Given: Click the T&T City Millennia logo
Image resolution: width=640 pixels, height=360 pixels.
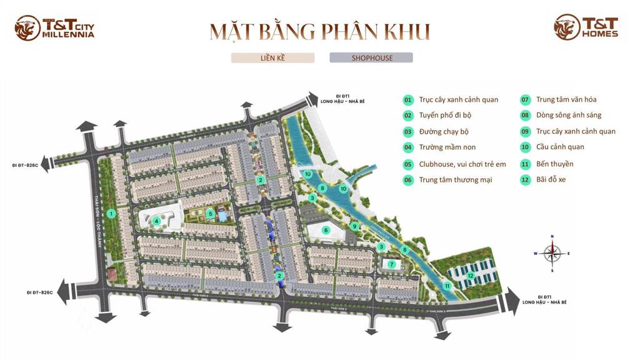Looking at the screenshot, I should (55, 28).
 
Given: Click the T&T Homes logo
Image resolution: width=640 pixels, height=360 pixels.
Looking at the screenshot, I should (586, 27).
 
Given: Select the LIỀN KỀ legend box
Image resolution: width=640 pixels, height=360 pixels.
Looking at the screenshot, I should (272, 58).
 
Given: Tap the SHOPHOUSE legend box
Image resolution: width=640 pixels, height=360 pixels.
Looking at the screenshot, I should (371, 58).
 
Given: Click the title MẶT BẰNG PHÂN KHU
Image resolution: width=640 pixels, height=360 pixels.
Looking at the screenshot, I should (319, 31).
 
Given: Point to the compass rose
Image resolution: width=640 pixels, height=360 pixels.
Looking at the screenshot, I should (552, 253).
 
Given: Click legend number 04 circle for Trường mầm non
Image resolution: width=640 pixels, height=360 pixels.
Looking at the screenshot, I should (408, 147).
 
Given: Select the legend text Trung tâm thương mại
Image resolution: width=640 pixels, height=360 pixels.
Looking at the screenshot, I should (455, 180).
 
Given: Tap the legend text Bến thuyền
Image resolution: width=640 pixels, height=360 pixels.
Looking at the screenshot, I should (554, 164).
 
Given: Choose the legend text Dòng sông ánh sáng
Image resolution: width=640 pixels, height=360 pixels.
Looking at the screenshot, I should (569, 115).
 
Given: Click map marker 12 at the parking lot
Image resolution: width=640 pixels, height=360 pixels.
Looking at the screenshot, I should (470, 275).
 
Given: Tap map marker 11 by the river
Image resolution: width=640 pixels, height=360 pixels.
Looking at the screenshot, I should (447, 286).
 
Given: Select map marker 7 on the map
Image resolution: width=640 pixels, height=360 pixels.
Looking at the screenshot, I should (392, 264).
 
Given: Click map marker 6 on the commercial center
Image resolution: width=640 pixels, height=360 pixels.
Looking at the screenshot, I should (326, 230).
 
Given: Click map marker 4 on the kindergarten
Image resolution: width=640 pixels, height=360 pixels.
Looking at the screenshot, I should (157, 220).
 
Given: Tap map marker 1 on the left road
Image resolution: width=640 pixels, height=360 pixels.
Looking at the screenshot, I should (111, 214).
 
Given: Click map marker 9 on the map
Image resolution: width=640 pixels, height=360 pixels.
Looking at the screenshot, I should (354, 226).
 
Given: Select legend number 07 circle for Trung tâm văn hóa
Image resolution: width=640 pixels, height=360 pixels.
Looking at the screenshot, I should (525, 99).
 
